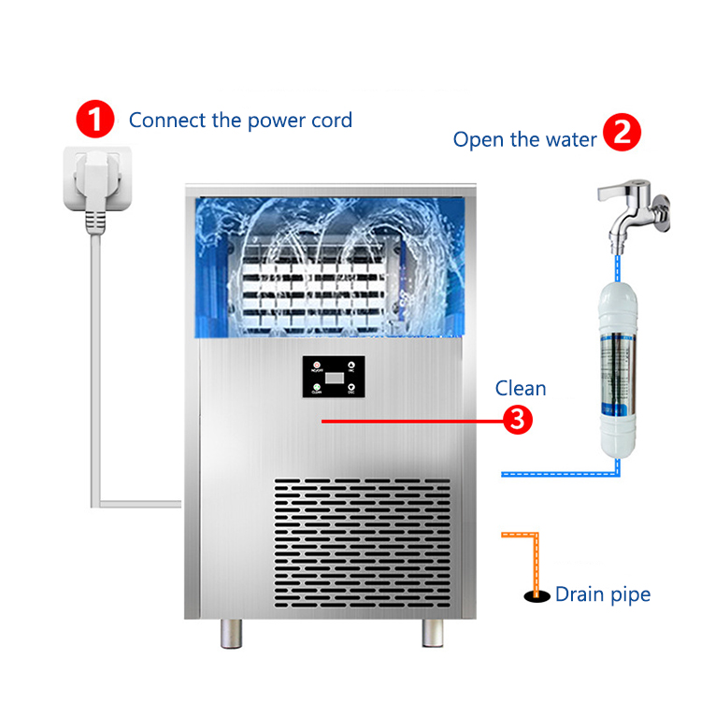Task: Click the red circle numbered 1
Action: point(94,120)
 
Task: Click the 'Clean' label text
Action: point(521,388)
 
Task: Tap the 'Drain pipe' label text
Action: point(602,594)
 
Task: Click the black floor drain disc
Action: point(536,594)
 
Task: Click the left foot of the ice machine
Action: point(231,634)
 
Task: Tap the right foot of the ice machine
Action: point(433,634)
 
